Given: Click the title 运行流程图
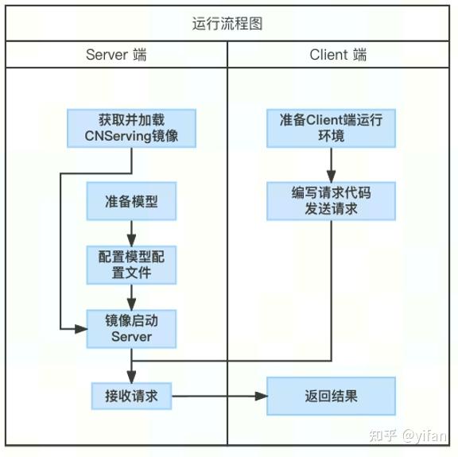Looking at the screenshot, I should click(228, 24).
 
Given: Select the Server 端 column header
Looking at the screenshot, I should click(116, 55).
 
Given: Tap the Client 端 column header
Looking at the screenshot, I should click(339, 55).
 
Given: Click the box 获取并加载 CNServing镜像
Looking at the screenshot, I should click(132, 128).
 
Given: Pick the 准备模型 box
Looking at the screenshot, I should click(132, 201).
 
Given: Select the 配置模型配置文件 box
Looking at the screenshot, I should click(132, 265).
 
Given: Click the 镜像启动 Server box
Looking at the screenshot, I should click(132, 328).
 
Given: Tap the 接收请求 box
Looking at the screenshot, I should click(132, 396).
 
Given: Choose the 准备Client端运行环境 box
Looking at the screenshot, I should click(331, 128).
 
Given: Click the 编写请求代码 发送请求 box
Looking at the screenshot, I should click(331, 200).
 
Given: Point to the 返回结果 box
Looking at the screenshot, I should click(331, 396).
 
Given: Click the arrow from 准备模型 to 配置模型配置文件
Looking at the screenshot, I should click(132, 233).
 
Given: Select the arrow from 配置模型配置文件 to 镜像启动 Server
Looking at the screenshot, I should click(132, 297).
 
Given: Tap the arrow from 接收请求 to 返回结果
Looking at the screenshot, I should click(219, 396).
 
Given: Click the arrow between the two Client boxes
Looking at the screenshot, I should click(331, 165).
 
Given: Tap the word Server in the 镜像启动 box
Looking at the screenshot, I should click(132, 337).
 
